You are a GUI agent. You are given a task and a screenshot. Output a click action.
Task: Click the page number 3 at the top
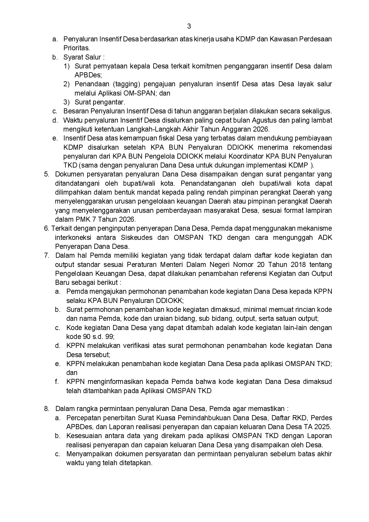(x=189, y=26)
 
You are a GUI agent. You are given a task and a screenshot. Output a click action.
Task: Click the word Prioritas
(x=76, y=48)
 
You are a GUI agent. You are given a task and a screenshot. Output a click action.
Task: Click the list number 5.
(x=46, y=174)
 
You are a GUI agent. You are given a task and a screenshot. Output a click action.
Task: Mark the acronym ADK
(x=325, y=238)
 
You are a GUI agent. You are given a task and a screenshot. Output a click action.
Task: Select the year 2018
(x=293, y=265)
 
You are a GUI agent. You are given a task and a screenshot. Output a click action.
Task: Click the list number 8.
(x=46, y=409)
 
